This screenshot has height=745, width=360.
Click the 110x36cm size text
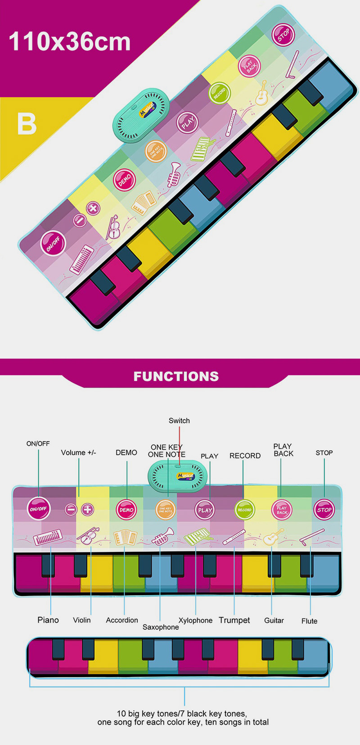[x=70, y=42]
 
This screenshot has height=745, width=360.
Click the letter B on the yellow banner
[x=27, y=124]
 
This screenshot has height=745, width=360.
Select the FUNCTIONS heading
[x=176, y=376]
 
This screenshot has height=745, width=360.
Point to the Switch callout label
[x=179, y=420]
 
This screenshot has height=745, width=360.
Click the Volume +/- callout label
[x=78, y=452]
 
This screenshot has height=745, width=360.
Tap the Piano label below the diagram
[x=48, y=620]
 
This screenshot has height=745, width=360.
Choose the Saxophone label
[x=161, y=627]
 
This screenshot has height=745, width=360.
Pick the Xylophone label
[x=195, y=620]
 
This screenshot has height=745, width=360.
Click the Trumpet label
[x=234, y=620]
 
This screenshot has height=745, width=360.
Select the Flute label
[x=309, y=621]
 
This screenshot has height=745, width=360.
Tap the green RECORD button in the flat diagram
[x=244, y=510]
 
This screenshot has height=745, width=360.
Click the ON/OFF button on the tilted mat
[x=53, y=243]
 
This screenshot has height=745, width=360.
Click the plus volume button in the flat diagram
[x=88, y=510]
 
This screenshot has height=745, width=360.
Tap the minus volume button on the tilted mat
[x=80, y=220]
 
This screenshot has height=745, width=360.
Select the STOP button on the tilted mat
[x=283, y=35]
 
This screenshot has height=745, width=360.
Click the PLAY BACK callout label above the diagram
[x=283, y=450]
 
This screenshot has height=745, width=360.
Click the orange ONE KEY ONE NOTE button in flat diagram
[x=165, y=510]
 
